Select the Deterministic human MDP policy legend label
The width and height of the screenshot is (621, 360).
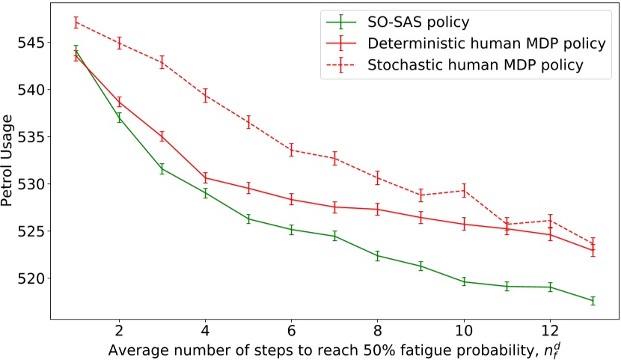coord(486,43)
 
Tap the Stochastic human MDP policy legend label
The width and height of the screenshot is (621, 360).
coord(476,64)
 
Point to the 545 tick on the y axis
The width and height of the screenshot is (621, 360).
coord(29,42)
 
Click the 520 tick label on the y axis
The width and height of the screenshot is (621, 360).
coord(29,278)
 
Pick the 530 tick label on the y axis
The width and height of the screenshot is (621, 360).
coord(29,183)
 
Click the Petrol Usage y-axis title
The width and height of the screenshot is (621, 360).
coord(10,162)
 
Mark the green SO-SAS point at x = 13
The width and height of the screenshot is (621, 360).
coord(593,301)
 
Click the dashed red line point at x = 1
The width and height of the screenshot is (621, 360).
coord(76,22)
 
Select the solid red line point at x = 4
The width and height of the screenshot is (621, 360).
coord(206,177)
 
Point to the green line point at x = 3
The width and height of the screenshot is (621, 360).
coord(162,168)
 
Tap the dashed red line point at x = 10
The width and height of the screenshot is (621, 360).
coord(464,190)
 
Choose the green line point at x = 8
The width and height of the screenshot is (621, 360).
coord(378,256)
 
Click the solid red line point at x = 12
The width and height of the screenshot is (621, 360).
coord(550,234)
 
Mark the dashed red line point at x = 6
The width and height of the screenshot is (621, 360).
coord(292,150)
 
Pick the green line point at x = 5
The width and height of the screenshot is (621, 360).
coord(248,219)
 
